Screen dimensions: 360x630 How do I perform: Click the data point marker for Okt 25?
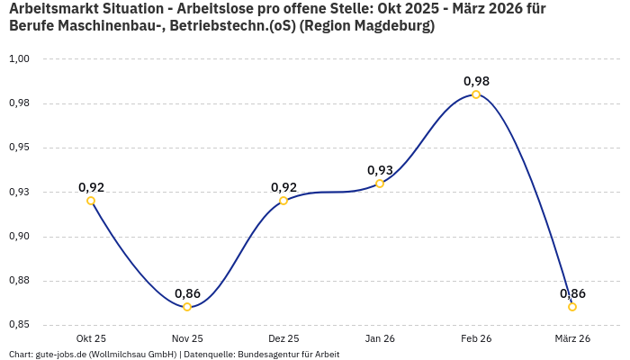[x=91, y=201]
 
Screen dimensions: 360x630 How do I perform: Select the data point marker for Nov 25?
[x=187, y=307]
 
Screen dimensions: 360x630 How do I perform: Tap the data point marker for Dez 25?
[x=283, y=201]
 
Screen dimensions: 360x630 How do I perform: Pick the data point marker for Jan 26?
[x=380, y=184]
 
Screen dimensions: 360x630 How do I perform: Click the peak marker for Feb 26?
[x=476, y=94]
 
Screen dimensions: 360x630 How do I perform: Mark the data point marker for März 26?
[x=572, y=307]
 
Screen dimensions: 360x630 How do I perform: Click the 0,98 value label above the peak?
[x=476, y=81]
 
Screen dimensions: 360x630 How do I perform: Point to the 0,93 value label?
[x=380, y=170]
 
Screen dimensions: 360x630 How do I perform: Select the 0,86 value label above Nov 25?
[x=187, y=293]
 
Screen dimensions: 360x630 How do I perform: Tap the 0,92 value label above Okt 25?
[x=91, y=187]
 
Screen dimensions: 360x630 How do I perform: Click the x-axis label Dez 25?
[x=283, y=338]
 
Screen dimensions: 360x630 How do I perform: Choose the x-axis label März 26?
[x=572, y=338]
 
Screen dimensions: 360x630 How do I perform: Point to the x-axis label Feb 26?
[x=476, y=338]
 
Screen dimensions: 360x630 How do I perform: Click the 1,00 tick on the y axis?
[x=20, y=58]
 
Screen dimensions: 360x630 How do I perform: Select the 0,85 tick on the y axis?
[x=20, y=325]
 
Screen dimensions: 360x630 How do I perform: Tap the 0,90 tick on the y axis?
[x=20, y=237]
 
